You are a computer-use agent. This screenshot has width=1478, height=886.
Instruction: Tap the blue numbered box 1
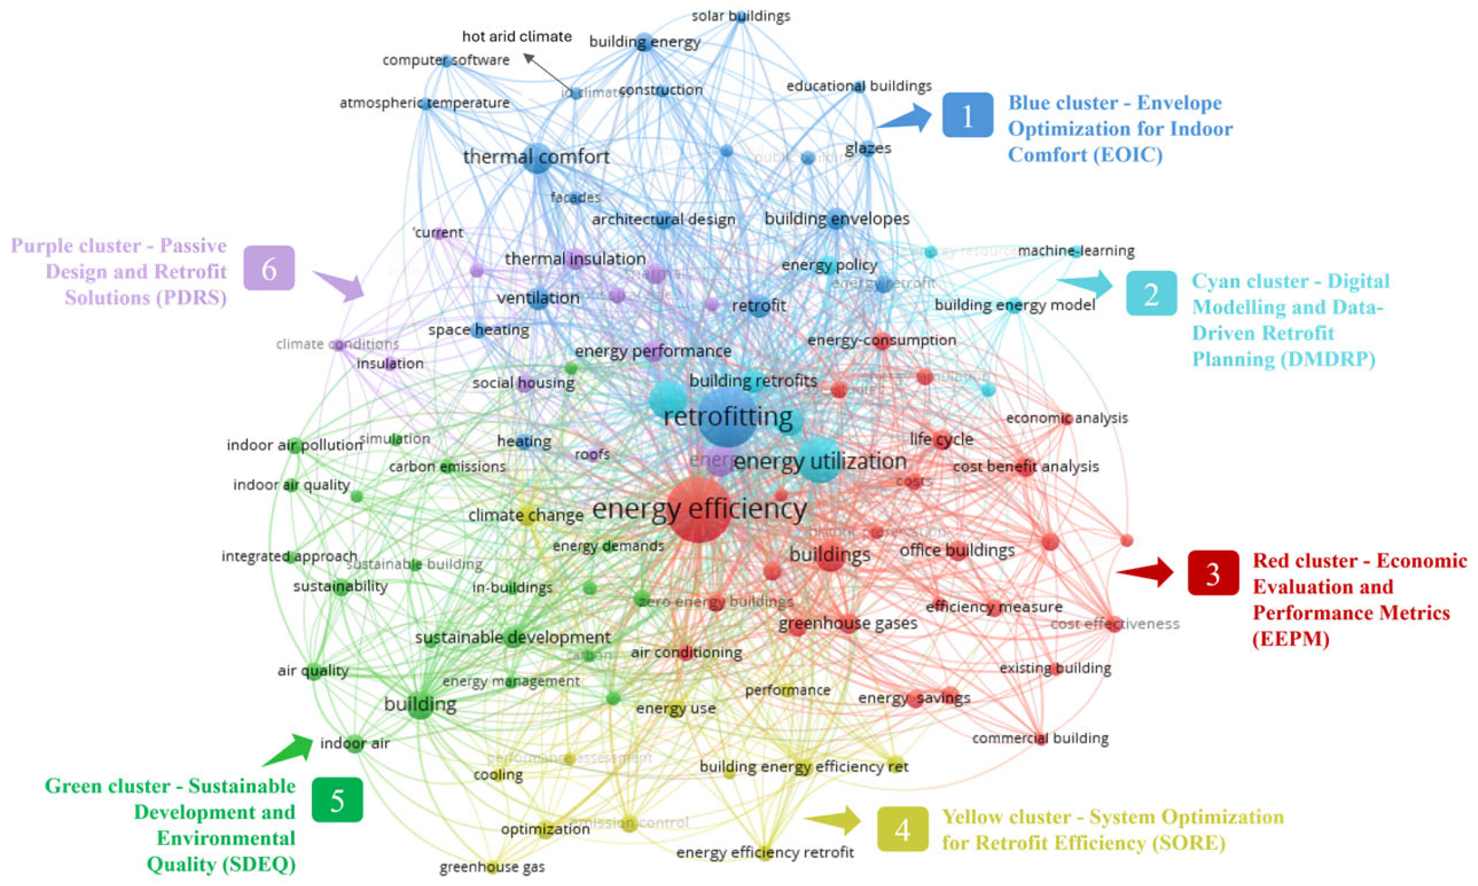tap(967, 115)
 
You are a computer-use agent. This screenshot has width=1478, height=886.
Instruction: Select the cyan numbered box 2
tap(1151, 294)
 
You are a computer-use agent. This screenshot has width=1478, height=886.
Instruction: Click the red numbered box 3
tap(1212, 573)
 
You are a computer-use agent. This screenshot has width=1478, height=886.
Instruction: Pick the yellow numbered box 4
tap(902, 829)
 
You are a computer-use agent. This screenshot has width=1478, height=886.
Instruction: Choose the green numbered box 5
tap(337, 800)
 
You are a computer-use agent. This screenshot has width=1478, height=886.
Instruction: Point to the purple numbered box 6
tap(269, 268)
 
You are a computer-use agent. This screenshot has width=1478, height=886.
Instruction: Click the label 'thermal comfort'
tap(536, 157)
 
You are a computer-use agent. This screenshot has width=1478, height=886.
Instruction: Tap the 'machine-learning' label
tap(1076, 250)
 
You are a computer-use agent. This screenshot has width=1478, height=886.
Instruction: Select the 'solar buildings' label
tap(740, 16)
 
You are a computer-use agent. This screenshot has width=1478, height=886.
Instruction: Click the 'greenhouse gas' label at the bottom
tap(492, 867)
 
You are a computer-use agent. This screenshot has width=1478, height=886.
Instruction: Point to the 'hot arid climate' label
tap(517, 37)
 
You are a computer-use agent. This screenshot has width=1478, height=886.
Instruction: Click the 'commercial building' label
tap(1040, 738)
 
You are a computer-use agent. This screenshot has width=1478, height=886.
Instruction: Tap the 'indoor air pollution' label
tap(295, 445)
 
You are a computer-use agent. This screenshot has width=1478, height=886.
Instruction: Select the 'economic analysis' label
tap(1066, 418)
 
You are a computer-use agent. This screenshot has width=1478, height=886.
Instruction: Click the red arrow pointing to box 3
tap(1147, 572)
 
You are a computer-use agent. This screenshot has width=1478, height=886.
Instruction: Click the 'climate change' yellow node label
tap(525, 515)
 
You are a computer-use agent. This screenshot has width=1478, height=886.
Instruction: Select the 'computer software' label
tap(445, 60)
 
